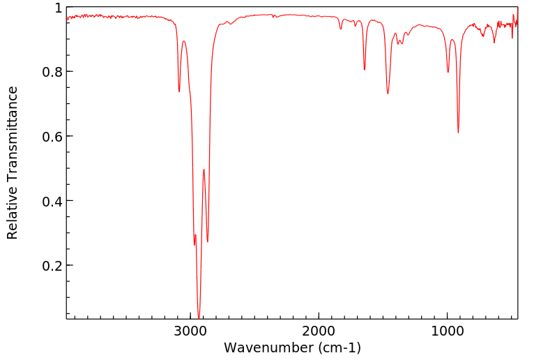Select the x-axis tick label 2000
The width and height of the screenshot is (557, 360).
pos(319,330)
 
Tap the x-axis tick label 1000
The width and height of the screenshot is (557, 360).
pos(447,330)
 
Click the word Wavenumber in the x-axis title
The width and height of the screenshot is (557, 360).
pos(261,347)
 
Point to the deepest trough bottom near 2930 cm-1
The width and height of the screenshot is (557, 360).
pos(199,317)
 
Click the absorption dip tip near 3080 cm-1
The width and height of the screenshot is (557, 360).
pos(179,91)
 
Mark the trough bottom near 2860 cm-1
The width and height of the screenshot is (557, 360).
pos(208,241)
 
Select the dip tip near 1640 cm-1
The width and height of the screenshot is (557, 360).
pos(365,70)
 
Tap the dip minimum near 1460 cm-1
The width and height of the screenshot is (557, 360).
pos(388,93)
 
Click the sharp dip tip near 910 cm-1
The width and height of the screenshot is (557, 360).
pos(458,133)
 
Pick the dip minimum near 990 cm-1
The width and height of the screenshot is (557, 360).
pos(448,72)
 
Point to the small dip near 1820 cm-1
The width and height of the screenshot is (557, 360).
pos(341,29)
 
